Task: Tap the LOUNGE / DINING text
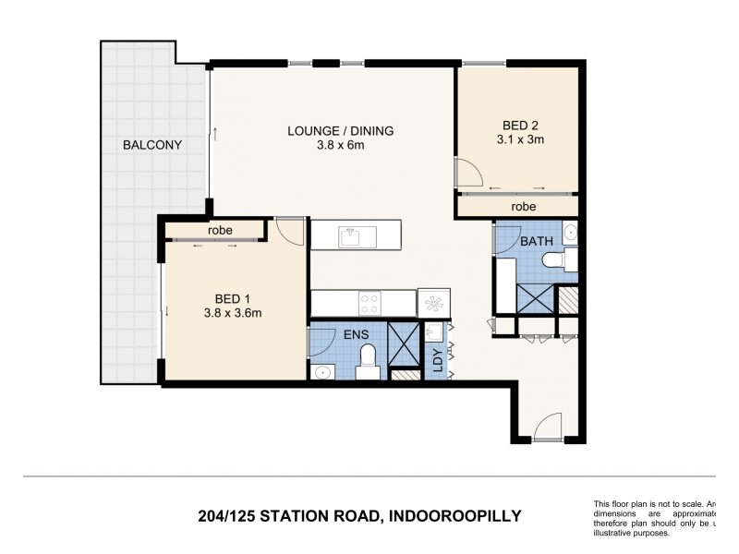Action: (x=340, y=131)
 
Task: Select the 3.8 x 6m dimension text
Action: (x=340, y=145)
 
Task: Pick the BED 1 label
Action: (x=234, y=298)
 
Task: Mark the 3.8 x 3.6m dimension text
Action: (x=234, y=312)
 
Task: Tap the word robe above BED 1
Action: (x=219, y=230)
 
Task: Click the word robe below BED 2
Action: (x=525, y=207)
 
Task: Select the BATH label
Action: (x=536, y=242)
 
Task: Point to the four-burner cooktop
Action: (x=370, y=301)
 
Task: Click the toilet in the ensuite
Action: (x=368, y=361)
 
